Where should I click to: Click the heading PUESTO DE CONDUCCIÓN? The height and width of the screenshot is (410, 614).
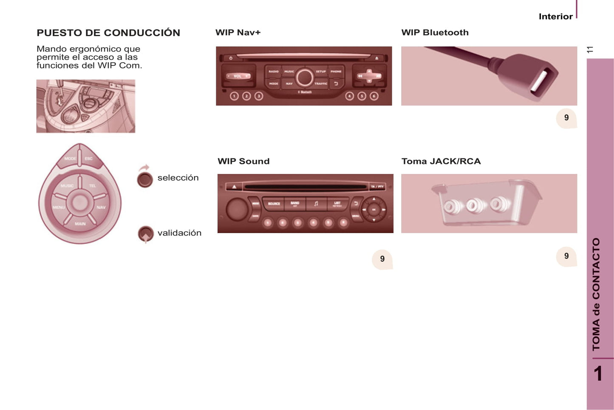tap(108, 33)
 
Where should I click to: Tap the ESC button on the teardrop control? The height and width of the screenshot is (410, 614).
tap(88, 159)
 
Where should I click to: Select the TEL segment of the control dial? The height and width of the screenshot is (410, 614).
tap(93, 186)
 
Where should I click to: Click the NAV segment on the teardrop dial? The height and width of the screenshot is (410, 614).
tap(101, 207)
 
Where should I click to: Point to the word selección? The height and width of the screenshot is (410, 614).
tap(178, 178)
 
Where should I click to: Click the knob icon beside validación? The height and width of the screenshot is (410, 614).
tap(145, 233)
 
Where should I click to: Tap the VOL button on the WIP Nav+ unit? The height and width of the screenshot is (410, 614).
tap(238, 76)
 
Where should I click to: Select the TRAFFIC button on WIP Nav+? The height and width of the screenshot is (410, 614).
tap(321, 84)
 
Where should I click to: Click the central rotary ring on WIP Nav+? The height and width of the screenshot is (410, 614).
tap(304, 78)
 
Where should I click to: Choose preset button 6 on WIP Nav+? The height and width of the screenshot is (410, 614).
tap(374, 96)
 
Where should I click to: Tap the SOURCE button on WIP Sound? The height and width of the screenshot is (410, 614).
tap(274, 204)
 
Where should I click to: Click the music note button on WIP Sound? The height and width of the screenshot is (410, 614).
tap(316, 204)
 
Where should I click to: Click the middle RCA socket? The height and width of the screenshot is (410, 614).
tap(473, 206)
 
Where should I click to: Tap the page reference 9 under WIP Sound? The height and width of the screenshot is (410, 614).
tap(382, 259)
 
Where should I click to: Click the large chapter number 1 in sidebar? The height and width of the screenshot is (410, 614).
tap(598, 374)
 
